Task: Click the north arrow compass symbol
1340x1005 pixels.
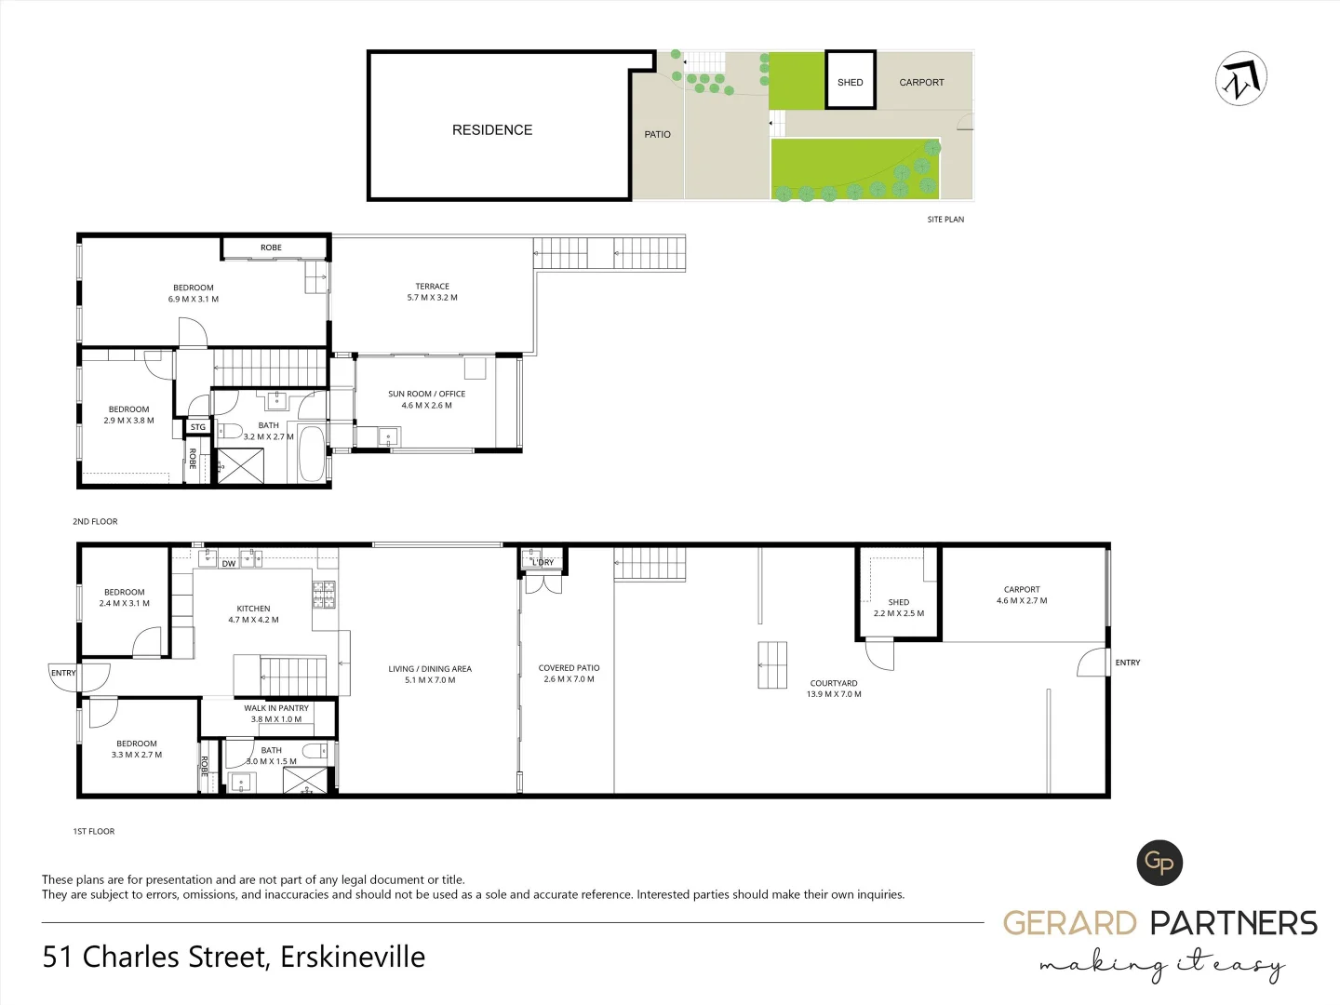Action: point(1241,79)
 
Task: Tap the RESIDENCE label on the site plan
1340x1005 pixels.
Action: point(492,130)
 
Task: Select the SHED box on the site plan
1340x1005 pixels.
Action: point(850,82)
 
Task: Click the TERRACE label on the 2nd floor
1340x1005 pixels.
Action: point(432,287)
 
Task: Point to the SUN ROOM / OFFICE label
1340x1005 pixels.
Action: point(426,394)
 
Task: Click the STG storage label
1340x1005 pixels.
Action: point(198,427)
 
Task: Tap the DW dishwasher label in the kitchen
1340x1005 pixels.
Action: point(229,564)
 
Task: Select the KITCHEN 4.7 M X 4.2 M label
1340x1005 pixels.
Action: point(253,614)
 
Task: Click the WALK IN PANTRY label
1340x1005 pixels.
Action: point(276,708)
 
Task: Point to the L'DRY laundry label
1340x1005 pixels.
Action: point(543,562)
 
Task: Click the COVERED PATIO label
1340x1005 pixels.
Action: point(569,668)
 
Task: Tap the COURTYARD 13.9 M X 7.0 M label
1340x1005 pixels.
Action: point(834,689)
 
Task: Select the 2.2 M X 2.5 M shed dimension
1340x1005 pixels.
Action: point(899,613)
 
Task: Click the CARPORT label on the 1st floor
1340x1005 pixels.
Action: point(1022,589)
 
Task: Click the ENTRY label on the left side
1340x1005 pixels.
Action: point(63,673)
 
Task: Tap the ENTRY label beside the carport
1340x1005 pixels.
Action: point(1127,663)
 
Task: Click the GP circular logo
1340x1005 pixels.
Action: point(1159,863)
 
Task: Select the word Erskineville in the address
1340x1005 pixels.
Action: point(353,957)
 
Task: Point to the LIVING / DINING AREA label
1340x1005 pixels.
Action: point(430,669)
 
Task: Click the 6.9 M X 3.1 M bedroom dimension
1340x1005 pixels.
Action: point(194,299)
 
